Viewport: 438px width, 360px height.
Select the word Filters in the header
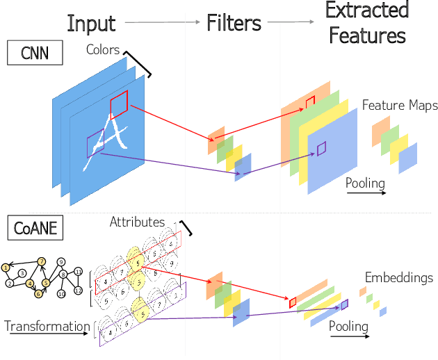pyautogui.click(x=234, y=23)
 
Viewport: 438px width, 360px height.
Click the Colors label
pyautogui.click(x=103, y=50)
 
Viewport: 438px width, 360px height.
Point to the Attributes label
pyautogui.click(x=137, y=222)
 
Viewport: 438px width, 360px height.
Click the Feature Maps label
pyautogui.click(x=400, y=106)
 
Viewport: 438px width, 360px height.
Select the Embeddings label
pyautogui.click(x=398, y=278)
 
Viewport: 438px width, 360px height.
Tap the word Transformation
pyautogui.click(x=47, y=326)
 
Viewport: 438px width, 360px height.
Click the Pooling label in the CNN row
pyautogui.click(x=365, y=183)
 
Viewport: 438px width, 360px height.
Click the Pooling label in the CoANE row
pyautogui.click(x=348, y=325)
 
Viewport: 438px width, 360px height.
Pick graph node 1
pyautogui.click(x=6, y=267)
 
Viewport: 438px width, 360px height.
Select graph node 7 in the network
pyautogui.click(x=42, y=261)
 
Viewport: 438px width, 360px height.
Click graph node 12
pyautogui.click(x=79, y=290)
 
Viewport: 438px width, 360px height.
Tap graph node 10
pyautogui.click(x=61, y=294)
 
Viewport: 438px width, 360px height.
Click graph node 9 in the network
pyautogui.click(x=61, y=262)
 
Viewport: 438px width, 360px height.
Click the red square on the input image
pyautogui.click(x=118, y=104)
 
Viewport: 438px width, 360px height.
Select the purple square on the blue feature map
pyautogui.click(x=321, y=148)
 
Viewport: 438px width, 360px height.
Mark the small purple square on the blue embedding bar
pyautogui.click(x=344, y=304)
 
